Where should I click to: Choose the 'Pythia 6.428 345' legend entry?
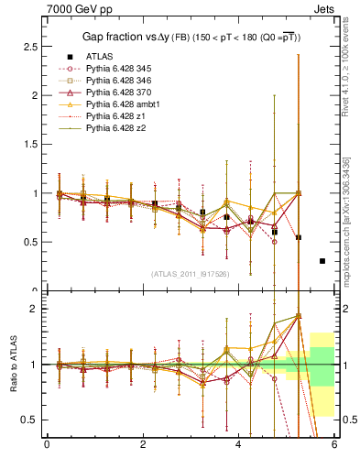[122, 69]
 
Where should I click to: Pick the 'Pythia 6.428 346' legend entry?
[122, 81]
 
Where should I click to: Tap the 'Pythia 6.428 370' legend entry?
[122, 93]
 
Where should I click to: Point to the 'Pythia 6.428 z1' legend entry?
[119, 116]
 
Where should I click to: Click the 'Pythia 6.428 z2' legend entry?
[119, 128]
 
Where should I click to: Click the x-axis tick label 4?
[239, 445]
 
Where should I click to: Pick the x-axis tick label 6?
[334, 445]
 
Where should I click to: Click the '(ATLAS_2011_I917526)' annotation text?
[190, 273]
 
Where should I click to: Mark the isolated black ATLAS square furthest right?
[322, 261]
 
